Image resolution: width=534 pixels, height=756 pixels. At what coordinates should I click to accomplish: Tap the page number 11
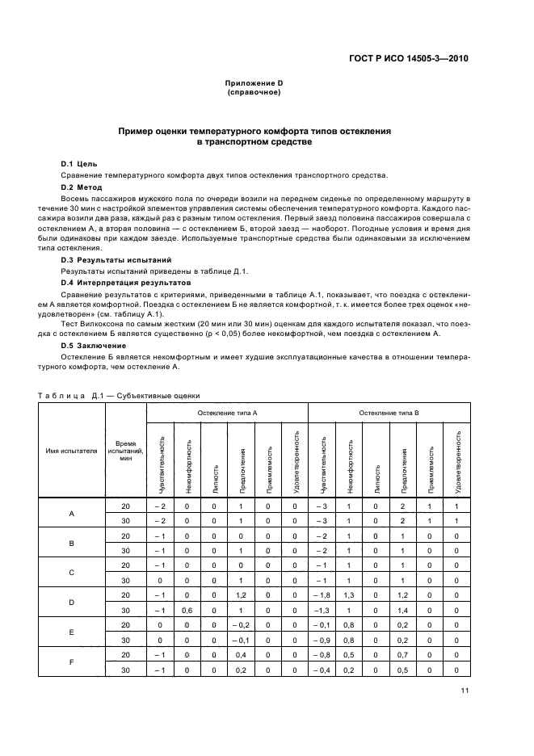click(465, 690)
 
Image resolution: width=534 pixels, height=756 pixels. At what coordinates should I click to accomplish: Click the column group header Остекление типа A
click(228, 413)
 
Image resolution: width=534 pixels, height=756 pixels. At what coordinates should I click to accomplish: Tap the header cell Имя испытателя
click(71, 450)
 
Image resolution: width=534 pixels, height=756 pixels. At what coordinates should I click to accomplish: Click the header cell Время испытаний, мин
click(125, 450)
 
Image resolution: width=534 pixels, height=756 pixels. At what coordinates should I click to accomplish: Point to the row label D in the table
click(71, 603)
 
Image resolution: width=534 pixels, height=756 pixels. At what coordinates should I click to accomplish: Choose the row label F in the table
click(71, 662)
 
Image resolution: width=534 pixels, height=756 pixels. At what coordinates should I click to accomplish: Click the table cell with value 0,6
click(187, 610)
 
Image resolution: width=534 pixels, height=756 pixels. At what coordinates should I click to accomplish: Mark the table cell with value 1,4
click(403, 610)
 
